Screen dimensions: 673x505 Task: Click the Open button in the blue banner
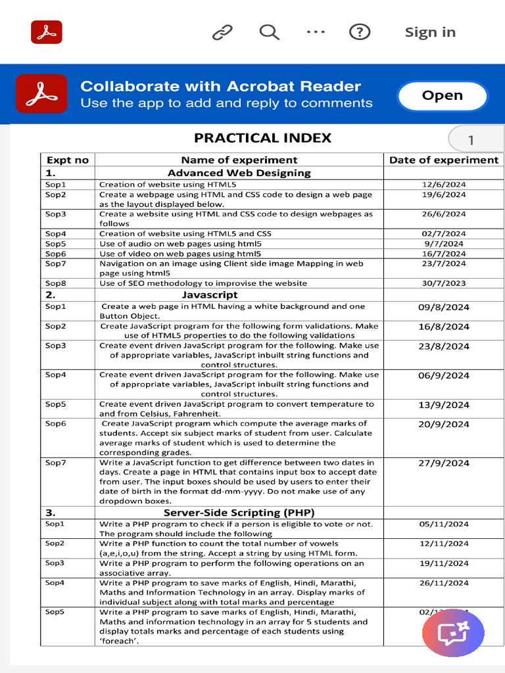pyautogui.click(x=442, y=96)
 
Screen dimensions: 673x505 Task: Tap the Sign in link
pyautogui.click(x=430, y=32)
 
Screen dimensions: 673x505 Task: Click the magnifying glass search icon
pyautogui.click(x=269, y=32)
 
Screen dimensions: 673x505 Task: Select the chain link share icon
pyautogui.click(x=222, y=32)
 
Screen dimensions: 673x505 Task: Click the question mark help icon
pyautogui.click(x=359, y=32)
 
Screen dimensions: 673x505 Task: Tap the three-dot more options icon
pyautogui.click(x=316, y=32)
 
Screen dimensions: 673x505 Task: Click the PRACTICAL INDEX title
pyautogui.click(x=262, y=138)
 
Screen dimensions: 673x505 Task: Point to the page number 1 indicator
pyautogui.click(x=471, y=140)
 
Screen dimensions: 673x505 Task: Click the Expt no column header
pyautogui.click(x=67, y=160)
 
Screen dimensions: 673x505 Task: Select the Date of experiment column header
pyautogui.click(x=444, y=160)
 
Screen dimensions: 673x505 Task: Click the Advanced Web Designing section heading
pyautogui.click(x=239, y=173)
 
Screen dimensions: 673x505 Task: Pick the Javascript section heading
pyautogui.click(x=210, y=295)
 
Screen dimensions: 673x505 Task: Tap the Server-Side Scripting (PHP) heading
pyautogui.click(x=239, y=512)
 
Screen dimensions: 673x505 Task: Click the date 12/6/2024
pyautogui.click(x=444, y=185)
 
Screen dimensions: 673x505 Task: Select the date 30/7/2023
pyautogui.click(x=444, y=283)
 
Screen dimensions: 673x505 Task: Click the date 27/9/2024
pyautogui.click(x=444, y=463)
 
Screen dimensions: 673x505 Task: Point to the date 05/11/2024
pyautogui.click(x=444, y=524)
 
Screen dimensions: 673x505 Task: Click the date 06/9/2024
pyautogui.click(x=444, y=375)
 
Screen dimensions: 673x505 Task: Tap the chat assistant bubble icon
pyautogui.click(x=452, y=634)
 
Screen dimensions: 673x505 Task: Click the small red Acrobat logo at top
pyautogui.click(x=47, y=32)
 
